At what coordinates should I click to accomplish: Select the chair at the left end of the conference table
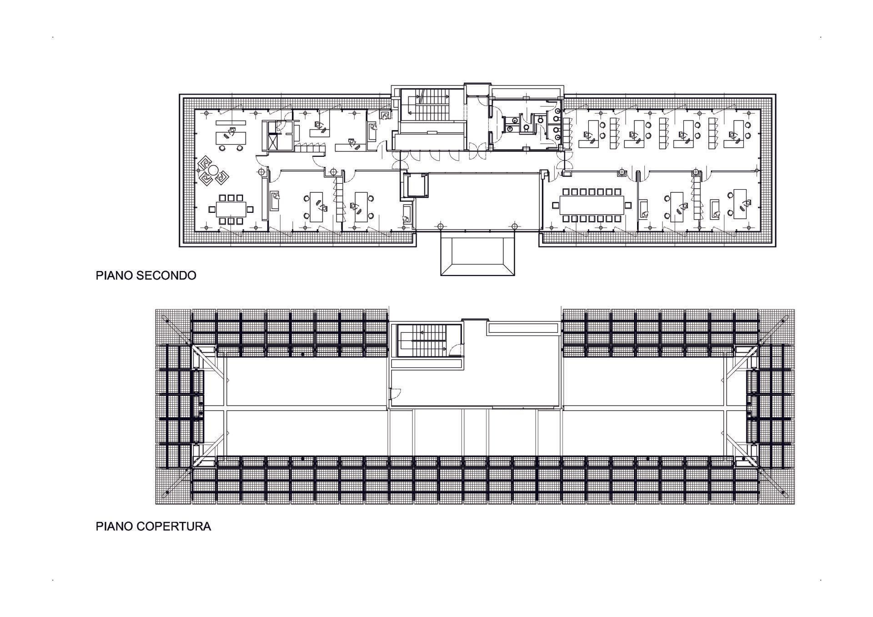(x=555, y=206)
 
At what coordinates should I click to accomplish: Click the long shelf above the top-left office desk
(x=231, y=122)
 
